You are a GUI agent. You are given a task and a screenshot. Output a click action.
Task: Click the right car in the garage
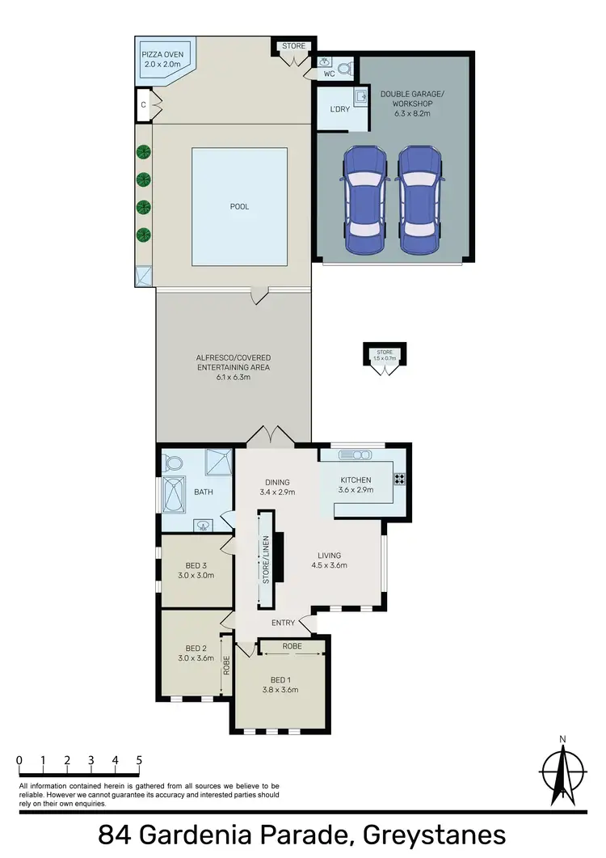click(x=421, y=201)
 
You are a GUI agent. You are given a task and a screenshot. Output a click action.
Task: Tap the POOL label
click(x=239, y=207)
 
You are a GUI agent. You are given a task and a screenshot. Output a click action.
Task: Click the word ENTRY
click(x=282, y=622)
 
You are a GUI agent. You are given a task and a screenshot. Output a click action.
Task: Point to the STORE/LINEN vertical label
click(x=263, y=558)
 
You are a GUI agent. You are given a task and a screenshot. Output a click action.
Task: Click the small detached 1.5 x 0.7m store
click(x=384, y=357)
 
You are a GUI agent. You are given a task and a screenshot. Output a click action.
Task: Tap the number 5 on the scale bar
click(x=140, y=760)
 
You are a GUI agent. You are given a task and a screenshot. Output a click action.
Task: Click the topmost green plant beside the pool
click(x=144, y=151)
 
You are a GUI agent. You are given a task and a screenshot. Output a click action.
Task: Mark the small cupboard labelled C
click(x=143, y=104)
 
